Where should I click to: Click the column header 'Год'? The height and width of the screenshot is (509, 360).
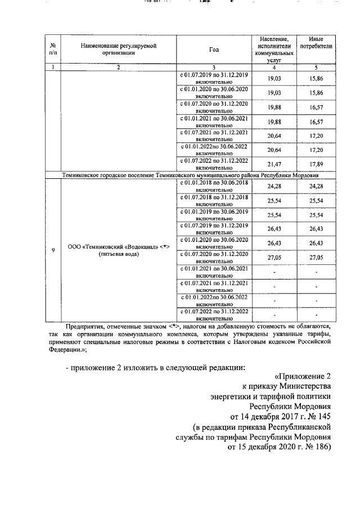(214, 49)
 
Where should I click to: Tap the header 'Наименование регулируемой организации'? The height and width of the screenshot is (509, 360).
(118, 49)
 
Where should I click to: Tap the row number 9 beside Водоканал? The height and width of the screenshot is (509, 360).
(52, 250)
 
